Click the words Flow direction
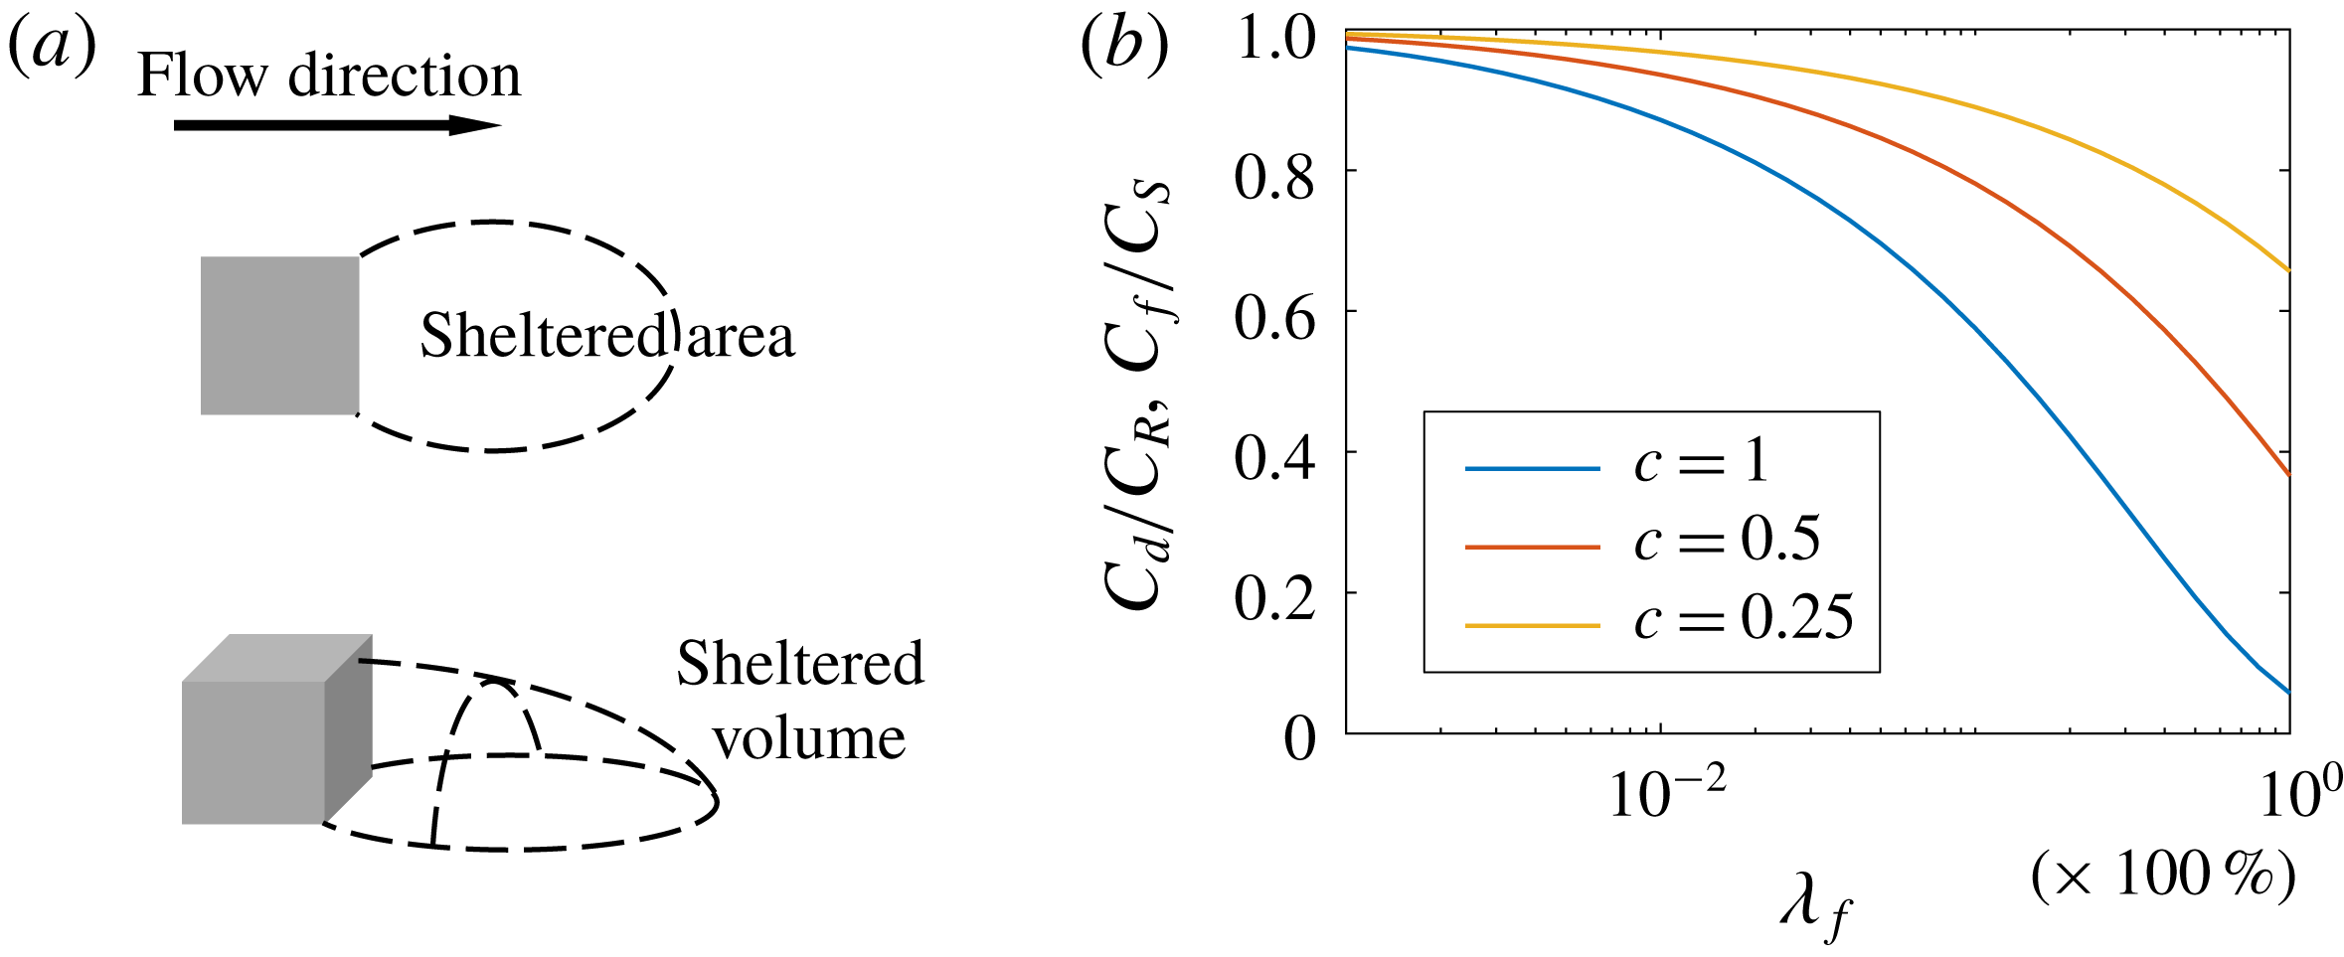(x=329, y=77)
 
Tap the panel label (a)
(x=52, y=48)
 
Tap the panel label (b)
(x=1124, y=48)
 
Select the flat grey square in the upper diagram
(x=279, y=335)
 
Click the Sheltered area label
(x=606, y=336)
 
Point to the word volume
(x=809, y=739)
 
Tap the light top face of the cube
(x=278, y=657)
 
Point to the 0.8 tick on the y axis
(x=1274, y=178)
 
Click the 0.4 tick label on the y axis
(x=1274, y=458)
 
